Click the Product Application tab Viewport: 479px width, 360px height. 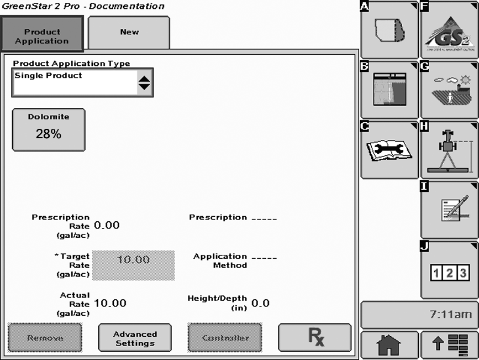point(42,34)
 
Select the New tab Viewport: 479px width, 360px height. point(129,33)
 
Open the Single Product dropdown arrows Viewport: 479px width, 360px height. point(144,83)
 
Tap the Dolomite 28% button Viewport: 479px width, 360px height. point(49,129)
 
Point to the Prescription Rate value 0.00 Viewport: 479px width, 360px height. point(107,225)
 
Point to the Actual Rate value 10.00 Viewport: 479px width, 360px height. point(110,303)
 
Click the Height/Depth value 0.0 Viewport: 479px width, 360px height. point(260,303)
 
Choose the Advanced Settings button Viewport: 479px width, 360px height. point(135,338)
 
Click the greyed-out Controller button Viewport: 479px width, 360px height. point(224,338)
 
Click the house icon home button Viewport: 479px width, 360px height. point(389,345)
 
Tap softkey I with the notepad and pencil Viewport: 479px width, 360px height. point(449,210)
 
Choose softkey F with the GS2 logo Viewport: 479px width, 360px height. point(449,30)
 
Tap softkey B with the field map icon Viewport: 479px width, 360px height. point(389,90)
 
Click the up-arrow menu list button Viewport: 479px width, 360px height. point(449,345)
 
